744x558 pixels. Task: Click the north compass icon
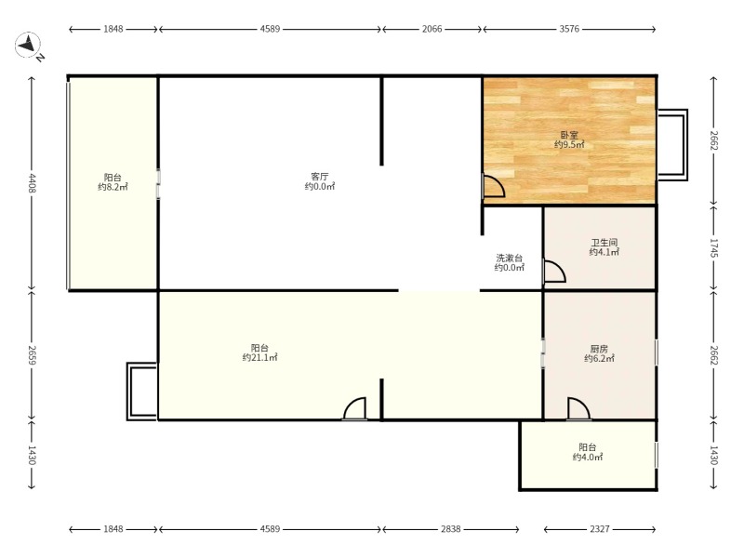(28, 46)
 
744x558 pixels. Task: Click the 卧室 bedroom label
(569, 135)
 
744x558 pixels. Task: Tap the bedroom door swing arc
(495, 186)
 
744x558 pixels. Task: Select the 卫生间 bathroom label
(604, 243)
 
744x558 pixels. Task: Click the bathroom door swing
(554, 272)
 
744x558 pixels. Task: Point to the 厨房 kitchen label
(599, 349)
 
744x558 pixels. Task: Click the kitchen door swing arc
(578, 408)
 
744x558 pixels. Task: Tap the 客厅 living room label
(320, 177)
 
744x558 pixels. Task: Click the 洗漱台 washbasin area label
(509, 259)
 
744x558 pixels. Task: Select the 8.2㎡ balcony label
(113, 187)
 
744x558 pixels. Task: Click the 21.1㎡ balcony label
(260, 357)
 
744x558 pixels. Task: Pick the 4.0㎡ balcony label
(588, 457)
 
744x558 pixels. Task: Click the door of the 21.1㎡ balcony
(355, 408)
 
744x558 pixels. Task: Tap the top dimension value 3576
(569, 29)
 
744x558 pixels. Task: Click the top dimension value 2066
(432, 29)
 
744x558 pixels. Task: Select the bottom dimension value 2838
(450, 529)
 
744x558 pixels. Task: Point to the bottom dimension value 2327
(600, 529)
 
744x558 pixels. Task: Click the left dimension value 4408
(32, 183)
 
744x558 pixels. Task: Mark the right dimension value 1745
(714, 247)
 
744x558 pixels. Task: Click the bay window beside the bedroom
(672, 145)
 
